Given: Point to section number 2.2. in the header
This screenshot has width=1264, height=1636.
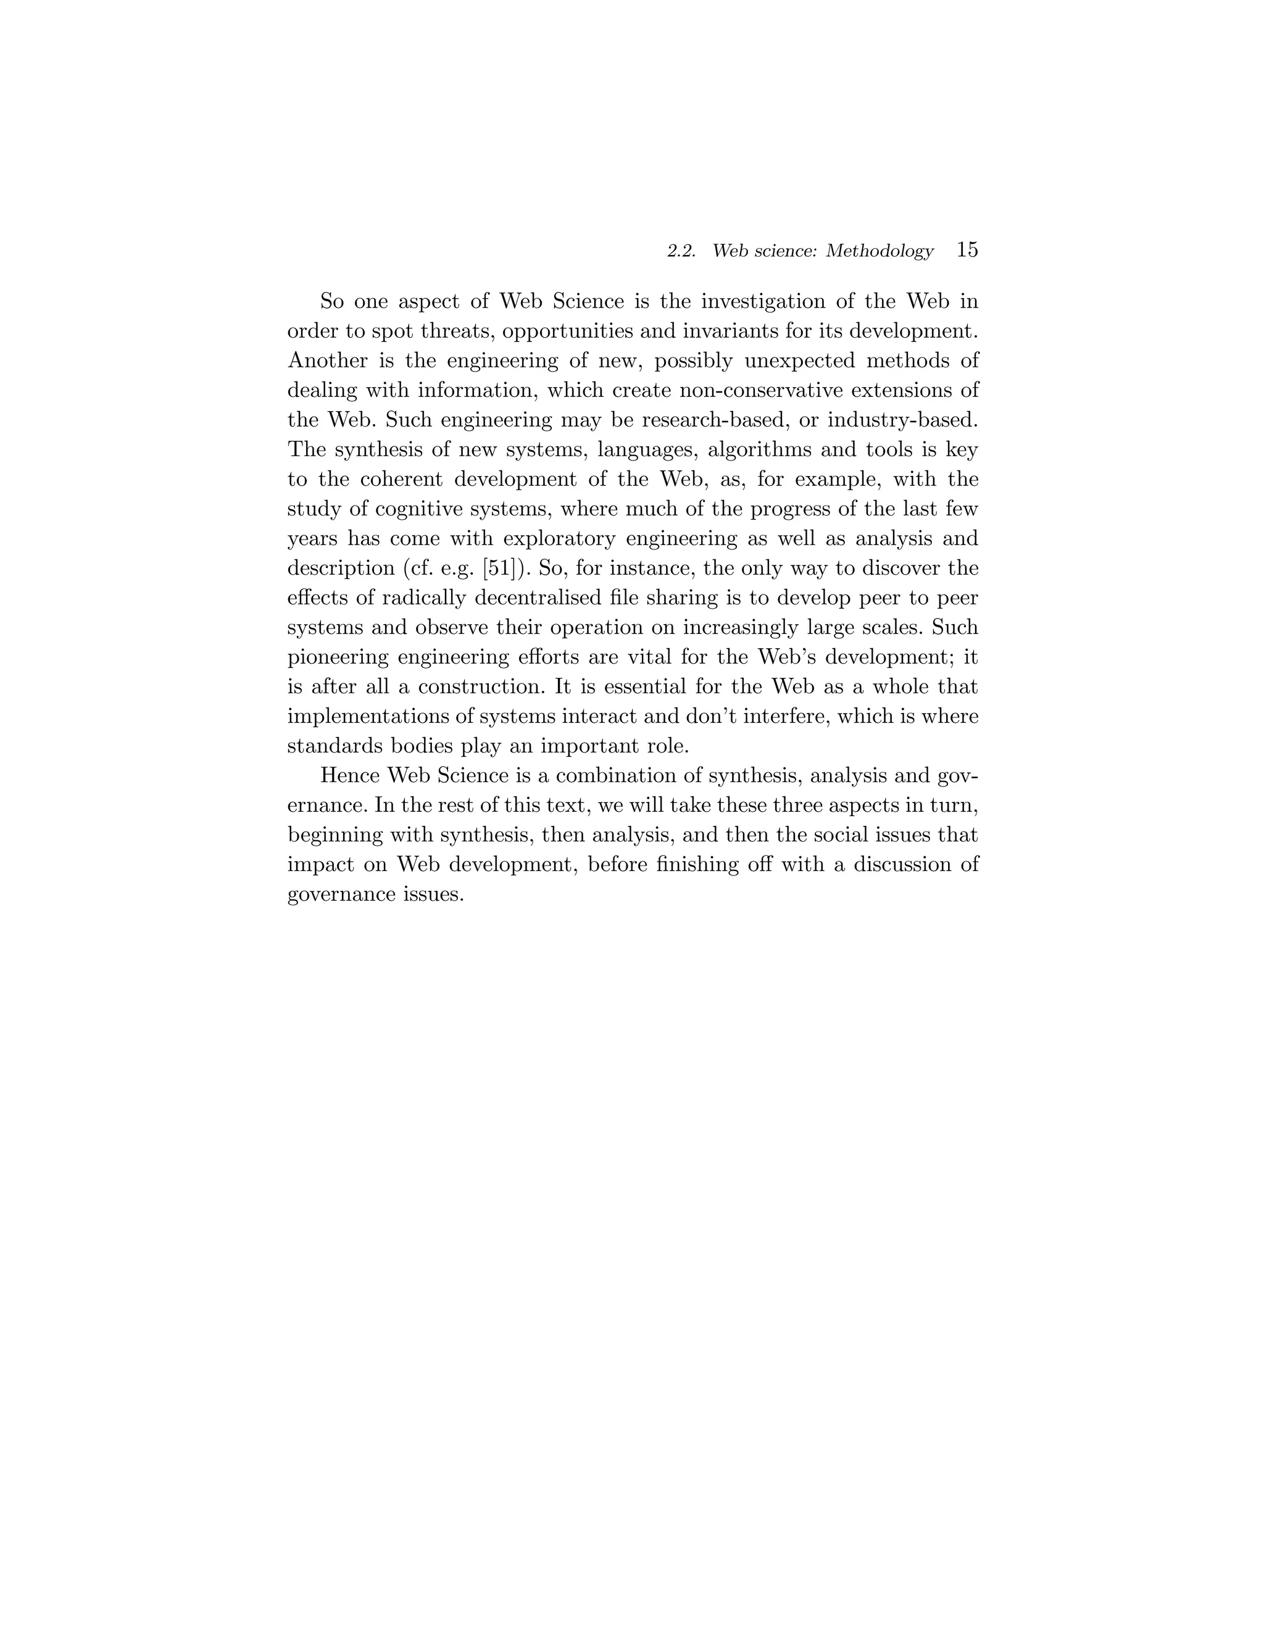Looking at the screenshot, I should tap(681, 252).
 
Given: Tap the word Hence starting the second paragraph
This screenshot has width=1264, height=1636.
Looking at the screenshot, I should tap(350, 776).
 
